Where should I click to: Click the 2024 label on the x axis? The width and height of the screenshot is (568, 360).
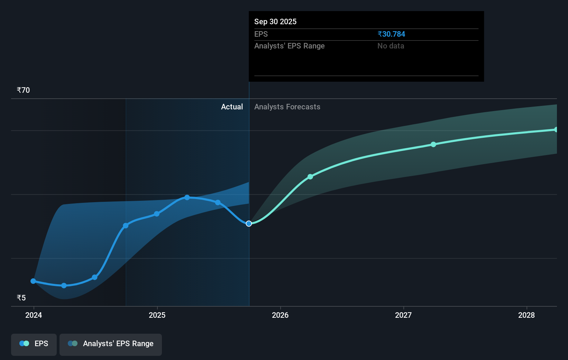coord(34,315)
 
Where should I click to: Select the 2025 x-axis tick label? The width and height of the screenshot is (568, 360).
coord(157,315)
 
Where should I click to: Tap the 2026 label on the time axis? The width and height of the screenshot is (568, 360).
coord(280,315)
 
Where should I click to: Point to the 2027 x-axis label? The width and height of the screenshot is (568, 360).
coord(403,315)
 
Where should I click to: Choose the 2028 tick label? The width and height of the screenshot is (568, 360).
coord(526,315)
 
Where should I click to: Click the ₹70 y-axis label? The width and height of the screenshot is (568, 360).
coord(23,90)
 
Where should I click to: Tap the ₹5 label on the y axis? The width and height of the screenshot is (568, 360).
coord(21,298)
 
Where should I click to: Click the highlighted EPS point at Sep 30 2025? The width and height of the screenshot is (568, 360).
coord(249,224)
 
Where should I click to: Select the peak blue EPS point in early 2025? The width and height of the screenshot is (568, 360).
coord(187,197)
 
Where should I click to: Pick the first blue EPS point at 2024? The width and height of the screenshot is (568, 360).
coord(33,281)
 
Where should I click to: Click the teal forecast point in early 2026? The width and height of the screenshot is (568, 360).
coord(310,177)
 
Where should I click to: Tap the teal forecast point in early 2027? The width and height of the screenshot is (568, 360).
coord(433,144)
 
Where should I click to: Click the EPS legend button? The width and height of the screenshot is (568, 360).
coord(34,344)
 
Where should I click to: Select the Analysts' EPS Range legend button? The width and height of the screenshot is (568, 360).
coord(111,344)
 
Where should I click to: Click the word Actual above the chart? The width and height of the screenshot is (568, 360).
coord(232,107)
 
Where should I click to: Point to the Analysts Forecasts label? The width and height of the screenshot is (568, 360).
coord(287,107)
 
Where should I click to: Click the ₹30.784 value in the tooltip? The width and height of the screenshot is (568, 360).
coord(391,34)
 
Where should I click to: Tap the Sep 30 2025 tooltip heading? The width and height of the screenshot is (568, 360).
coord(275,21)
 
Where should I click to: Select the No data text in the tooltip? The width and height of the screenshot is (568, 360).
coord(391,46)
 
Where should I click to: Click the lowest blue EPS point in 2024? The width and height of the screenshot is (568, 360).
coord(64,286)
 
